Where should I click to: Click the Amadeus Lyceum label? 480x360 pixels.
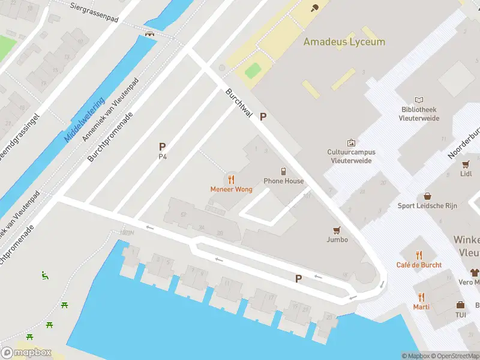tap(344, 42)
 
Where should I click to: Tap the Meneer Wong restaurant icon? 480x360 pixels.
tap(231, 179)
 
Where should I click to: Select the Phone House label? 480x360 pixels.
tap(284, 181)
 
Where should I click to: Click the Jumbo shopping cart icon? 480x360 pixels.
tap(337, 230)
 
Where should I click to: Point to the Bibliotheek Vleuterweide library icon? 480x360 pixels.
tap(419, 100)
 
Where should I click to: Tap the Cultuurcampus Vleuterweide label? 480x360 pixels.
tap(351, 156)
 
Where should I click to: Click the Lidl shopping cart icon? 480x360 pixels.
tap(466, 164)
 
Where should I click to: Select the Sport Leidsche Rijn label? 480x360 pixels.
tap(427, 206)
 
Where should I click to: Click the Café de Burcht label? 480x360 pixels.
tap(419, 265)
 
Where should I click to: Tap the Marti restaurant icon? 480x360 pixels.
tap(421, 296)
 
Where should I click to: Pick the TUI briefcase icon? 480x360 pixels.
tap(460, 305)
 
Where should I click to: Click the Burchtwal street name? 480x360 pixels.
tap(237, 103)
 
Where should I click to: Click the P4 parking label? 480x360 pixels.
tap(162, 157)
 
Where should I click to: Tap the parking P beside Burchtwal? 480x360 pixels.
tap(262, 118)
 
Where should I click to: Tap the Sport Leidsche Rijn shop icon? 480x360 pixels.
tap(427, 196)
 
